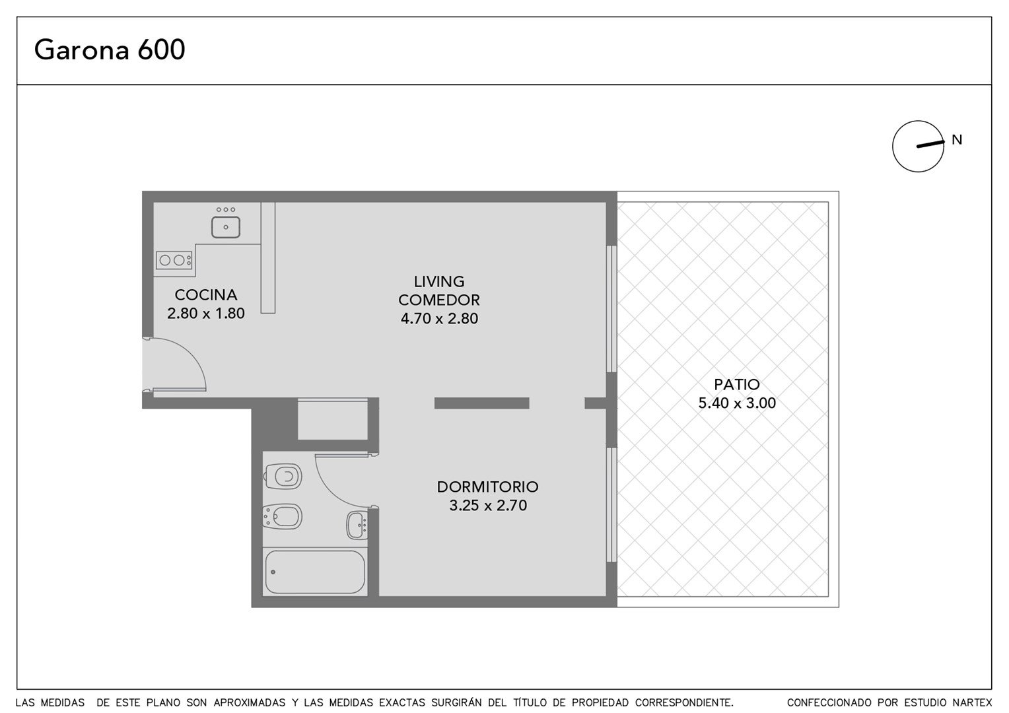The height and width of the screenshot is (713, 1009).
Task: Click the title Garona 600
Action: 110,50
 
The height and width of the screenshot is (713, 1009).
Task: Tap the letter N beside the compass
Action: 957,140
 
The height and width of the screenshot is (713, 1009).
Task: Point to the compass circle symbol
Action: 918,147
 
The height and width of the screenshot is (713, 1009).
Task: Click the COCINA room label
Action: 206,295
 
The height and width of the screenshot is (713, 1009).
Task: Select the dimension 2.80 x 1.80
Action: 206,314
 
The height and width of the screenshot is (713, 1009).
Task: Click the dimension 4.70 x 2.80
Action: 439,318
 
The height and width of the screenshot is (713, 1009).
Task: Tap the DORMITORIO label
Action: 488,487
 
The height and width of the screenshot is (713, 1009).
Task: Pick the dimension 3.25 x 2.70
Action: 488,505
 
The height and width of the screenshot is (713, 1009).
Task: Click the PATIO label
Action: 737,384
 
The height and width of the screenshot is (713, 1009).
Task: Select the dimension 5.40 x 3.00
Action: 737,403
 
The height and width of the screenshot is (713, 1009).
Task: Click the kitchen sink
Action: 226,227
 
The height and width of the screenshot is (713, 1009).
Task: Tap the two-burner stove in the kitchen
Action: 174,260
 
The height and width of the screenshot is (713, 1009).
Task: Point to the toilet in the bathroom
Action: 283,476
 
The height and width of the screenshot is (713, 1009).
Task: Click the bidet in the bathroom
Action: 283,516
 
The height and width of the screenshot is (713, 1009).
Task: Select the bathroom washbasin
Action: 357,525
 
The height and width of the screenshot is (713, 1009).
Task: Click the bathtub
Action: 315,572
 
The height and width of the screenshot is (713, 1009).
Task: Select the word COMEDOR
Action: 439,300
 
